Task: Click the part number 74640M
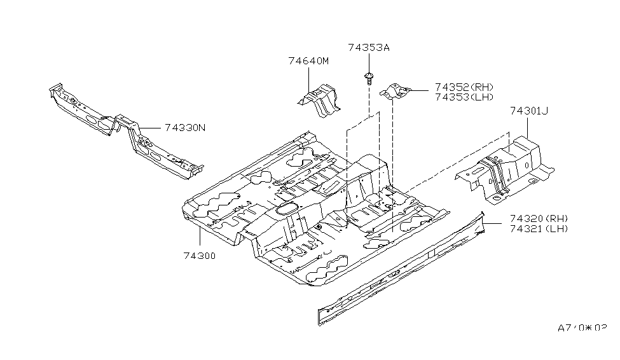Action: coord(308,61)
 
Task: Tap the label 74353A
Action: coord(369,47)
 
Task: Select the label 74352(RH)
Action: coord(464,87)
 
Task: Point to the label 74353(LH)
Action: coord(464,97)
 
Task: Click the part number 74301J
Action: coord(528,111)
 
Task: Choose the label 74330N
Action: coord(185,127)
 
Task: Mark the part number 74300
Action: coord(200,256)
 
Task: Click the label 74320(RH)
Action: coord(538,218)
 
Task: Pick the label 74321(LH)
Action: coord(538,228)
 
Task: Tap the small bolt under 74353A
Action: coord(369,79)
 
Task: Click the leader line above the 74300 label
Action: coord(200,239)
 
